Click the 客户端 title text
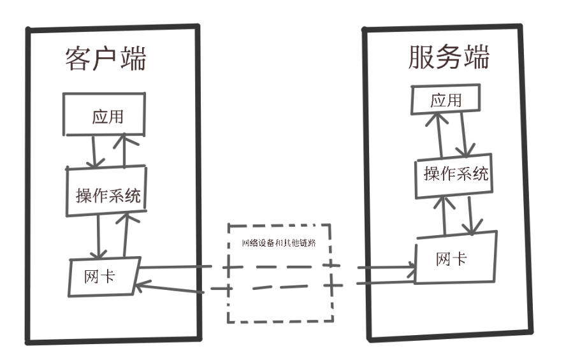tap(105, 59)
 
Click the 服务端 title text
tap(449, 57)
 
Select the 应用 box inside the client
tap(105, 114)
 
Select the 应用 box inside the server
tap(446, 99)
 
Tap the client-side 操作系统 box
tap(106, 191)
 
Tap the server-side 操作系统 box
tap(454, 176)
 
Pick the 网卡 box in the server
tap(456, 257)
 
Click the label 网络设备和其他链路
tap(279, 243)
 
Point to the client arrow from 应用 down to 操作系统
tap(94, 152)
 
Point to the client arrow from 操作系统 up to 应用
tap(124, 150)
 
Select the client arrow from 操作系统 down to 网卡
tap(99, 236)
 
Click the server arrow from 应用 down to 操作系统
tap(464, 135)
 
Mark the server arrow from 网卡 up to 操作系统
tap(444, 217)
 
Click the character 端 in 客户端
tap(133, 59)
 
